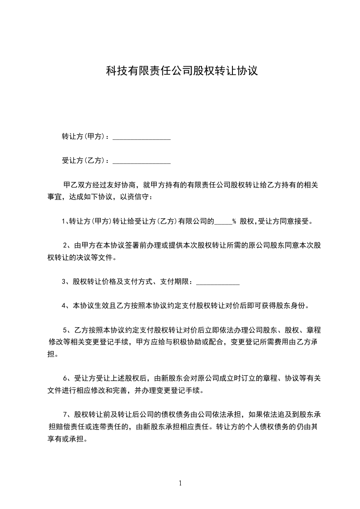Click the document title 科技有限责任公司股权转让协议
(182, 71)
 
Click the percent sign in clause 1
(234, 222)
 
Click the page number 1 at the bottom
(180, 483)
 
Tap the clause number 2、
(66, 245)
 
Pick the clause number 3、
(65, 282)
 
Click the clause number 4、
(65, 306)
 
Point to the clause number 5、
(66, 330)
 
